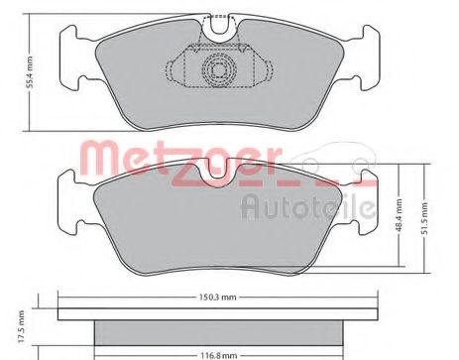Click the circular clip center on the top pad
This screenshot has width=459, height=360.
[x=214, y=68]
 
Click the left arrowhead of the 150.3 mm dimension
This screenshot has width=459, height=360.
[x=61, y=303]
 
